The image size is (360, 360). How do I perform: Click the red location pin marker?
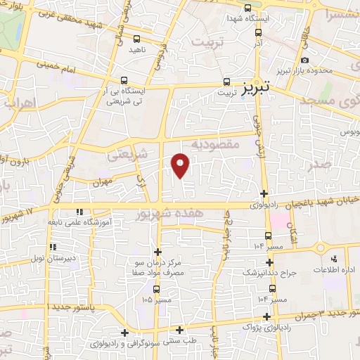(181, 165)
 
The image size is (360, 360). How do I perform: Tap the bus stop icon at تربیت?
(226, 82)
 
